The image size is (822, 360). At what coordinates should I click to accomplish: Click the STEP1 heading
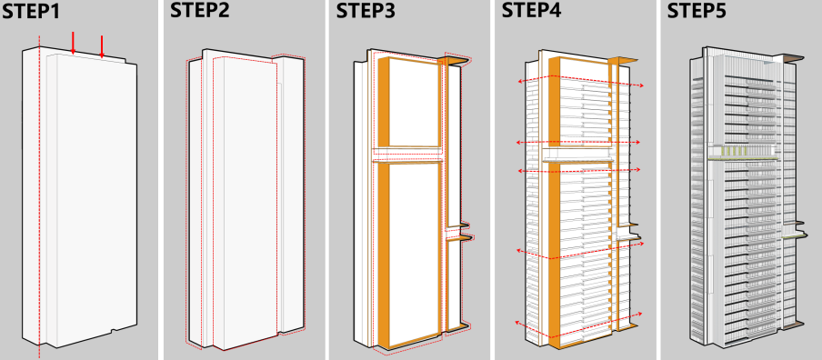coord(30,11)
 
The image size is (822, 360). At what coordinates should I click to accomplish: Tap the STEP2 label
coord(199,11)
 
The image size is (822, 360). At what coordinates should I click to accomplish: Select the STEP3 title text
coord(366,11)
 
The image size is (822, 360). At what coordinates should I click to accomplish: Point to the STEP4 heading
coord(531,11)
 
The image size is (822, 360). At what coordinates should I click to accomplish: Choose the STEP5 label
coord(697,11)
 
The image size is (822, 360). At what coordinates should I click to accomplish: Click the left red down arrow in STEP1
coord(73,43)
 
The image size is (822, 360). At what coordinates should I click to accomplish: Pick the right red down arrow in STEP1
coord(102,46)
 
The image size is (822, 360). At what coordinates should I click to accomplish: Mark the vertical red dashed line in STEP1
coord(39,196)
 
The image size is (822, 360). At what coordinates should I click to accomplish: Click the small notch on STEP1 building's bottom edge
coord(114,331)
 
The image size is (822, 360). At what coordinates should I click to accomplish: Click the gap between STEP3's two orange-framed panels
coord(406,154)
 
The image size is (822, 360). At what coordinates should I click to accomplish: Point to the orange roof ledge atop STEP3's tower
coord(455,61)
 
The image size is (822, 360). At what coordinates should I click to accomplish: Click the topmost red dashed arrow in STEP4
coord(580,81)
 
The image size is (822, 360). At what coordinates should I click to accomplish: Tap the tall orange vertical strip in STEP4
coord(554,202)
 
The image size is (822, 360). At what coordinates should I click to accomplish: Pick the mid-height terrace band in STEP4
coord(576,155)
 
